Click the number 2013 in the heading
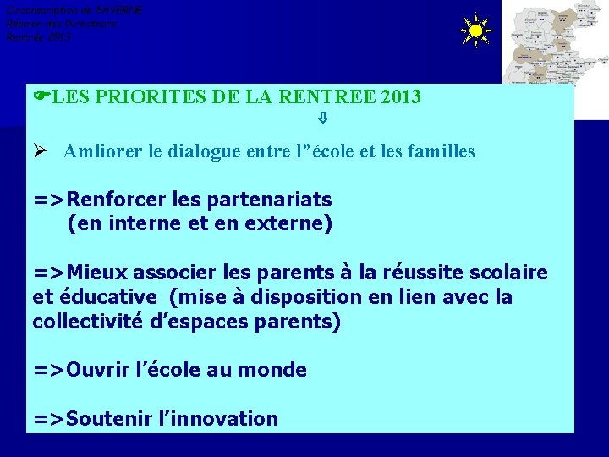click(x=401, y=97)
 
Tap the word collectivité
click(x=83, y=322)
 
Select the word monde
click(x=272, y=371)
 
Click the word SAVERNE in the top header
click(x=119, y=10)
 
